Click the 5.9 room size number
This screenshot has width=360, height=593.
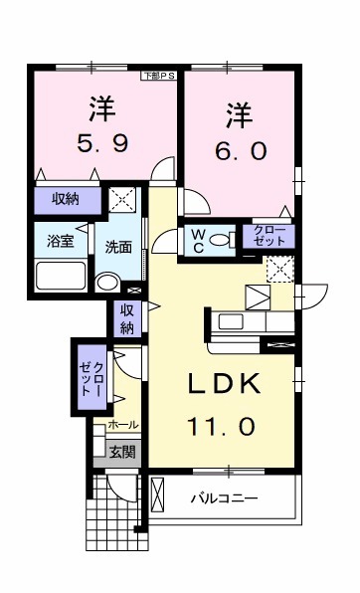click(x=98, y=143)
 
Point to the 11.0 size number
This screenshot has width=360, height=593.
click(x=225, y=426)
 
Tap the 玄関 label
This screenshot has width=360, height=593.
click(x=122, y=451)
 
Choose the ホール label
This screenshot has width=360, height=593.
click(x=122, y=425)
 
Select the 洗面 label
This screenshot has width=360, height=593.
click(x=118, y=248)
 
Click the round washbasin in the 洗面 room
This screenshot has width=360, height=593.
click(x=107, y=281)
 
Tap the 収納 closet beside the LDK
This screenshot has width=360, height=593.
click(x=127, y=318)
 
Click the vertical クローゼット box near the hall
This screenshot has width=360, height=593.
click(x=91, y=377)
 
